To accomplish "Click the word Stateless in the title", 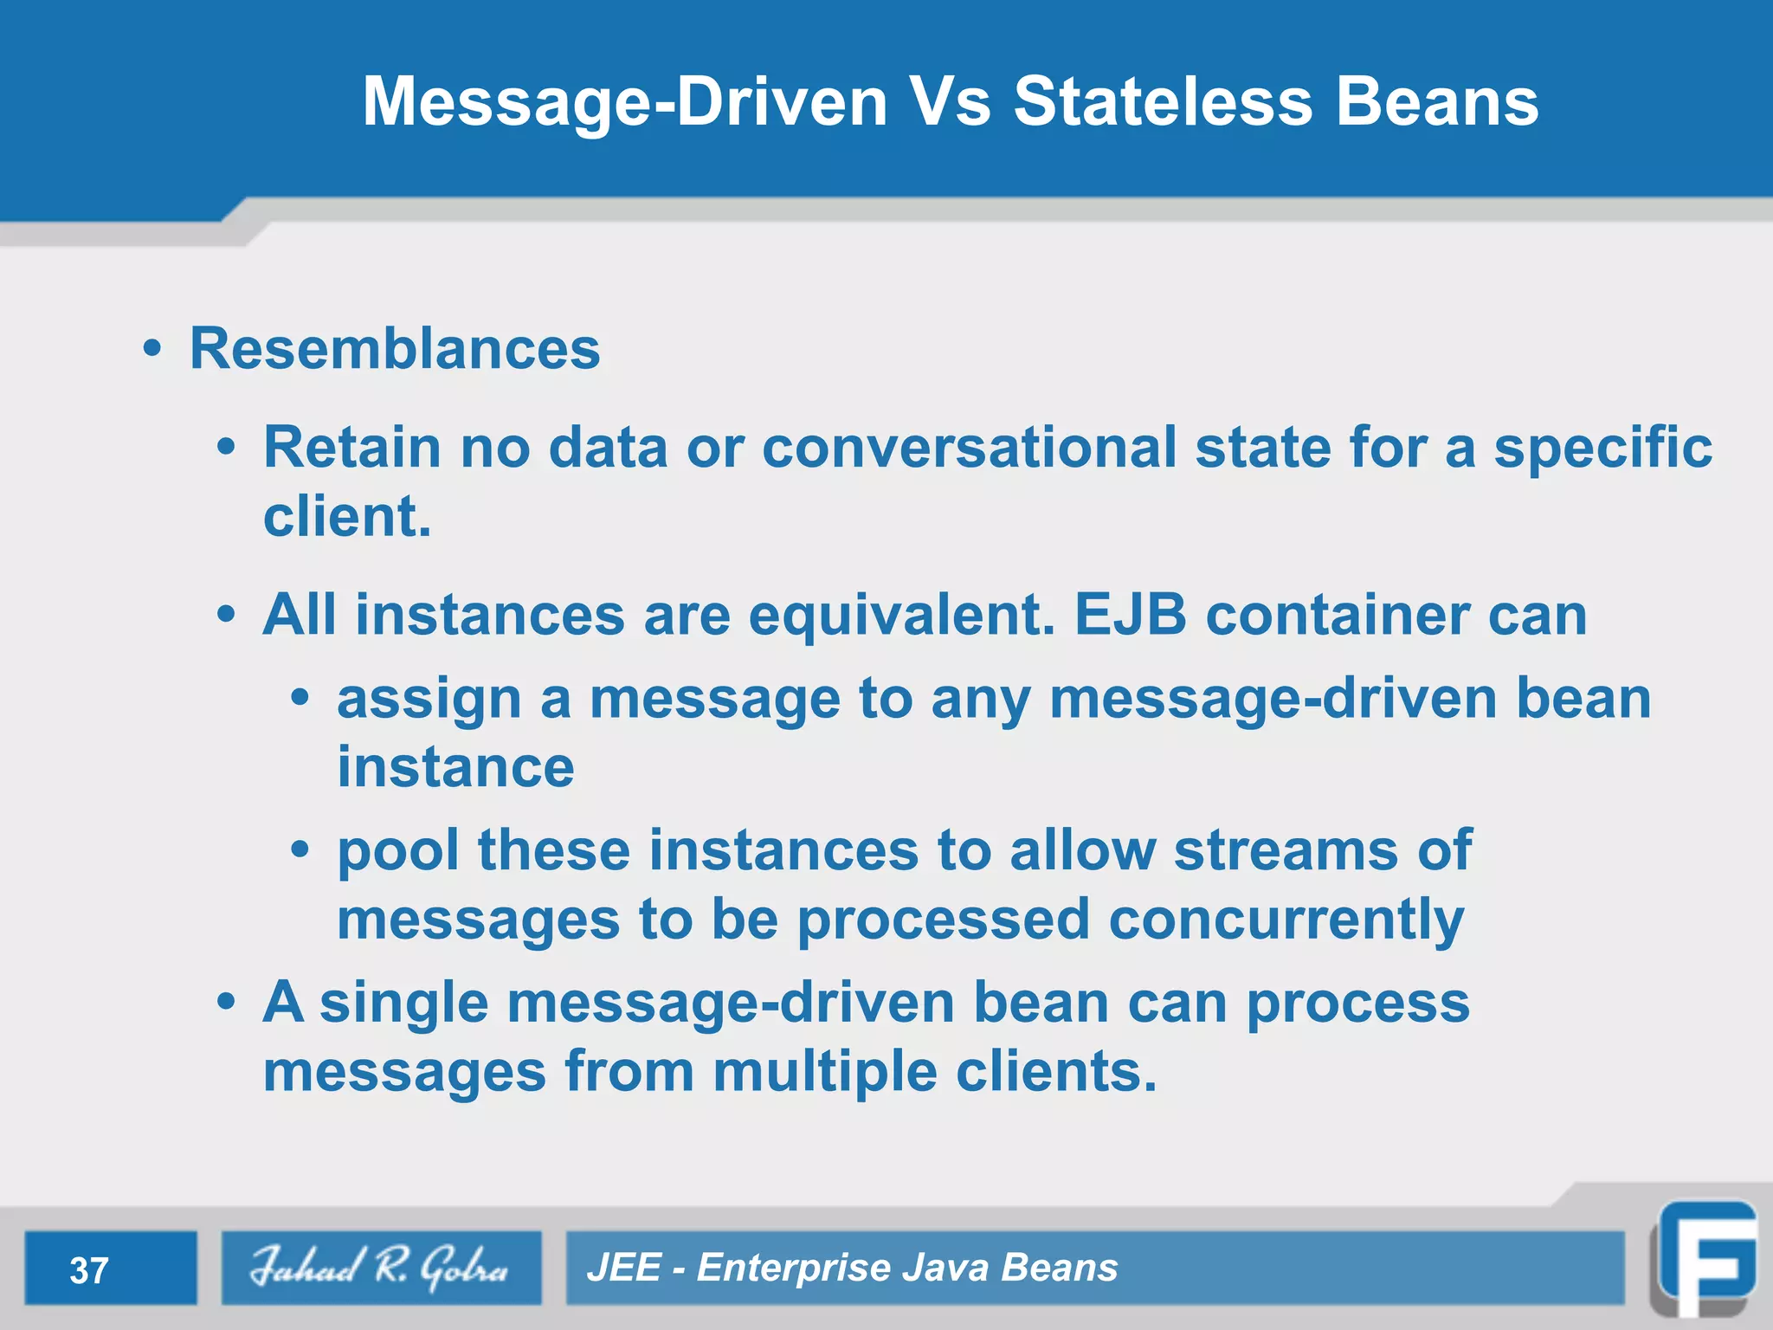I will pos(1163,102).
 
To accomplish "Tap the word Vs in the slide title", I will pos(951,102).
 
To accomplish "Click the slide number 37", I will pos(88,1270).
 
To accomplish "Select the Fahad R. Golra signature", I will pos(380,1268).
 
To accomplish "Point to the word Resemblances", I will pos(395,349).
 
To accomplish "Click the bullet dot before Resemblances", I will pos(152,349).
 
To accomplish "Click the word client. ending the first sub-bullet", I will pos(346,517).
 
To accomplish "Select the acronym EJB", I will pos(1129,615).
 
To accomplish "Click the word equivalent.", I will pos(901,615).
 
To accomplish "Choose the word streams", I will pos(1285,850).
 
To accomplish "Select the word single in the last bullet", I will pos(403,1003).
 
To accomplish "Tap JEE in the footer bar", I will pos(623,1268).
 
